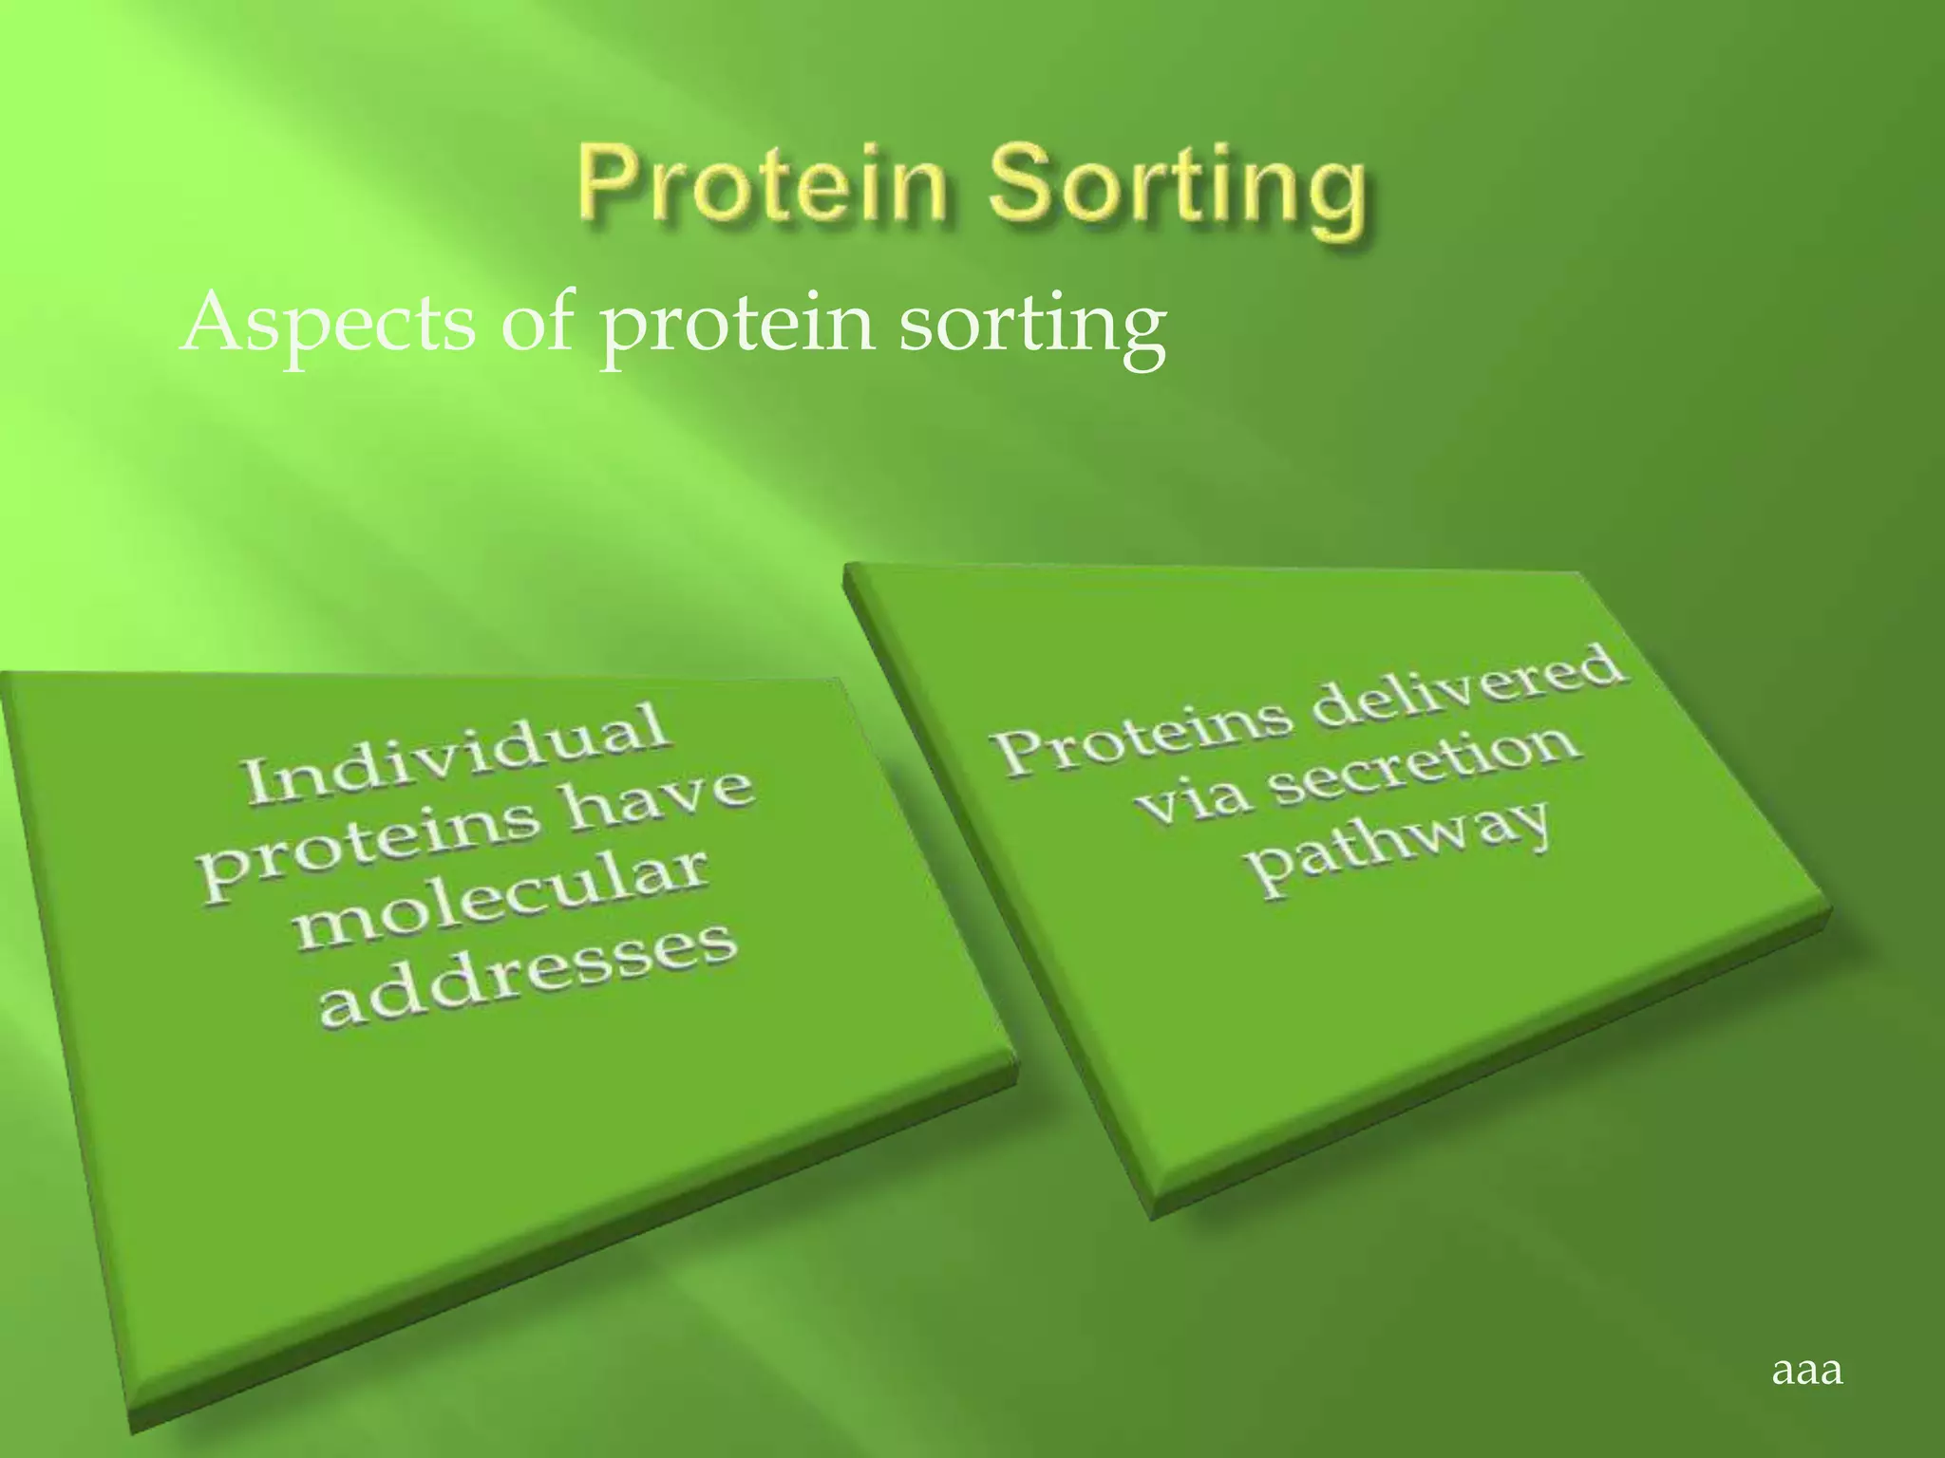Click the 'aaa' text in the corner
point(1806,1370)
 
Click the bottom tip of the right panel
point(1151,1216)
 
